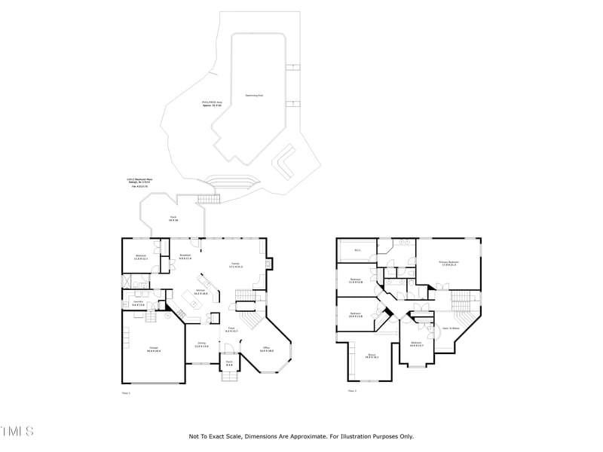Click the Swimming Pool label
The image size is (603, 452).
(254, 96)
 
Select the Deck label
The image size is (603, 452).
(173, 219)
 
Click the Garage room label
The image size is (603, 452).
(153, 349)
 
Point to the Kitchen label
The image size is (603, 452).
(201, 292)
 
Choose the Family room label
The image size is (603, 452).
(236, 265)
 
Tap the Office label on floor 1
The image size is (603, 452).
(267, 350)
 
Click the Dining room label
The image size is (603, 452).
(201, 346)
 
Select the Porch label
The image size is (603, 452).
(229, 364)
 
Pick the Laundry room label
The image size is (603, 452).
(139, 303)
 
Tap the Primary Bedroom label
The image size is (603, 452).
(448, 264)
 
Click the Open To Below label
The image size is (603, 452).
(451, 328)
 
